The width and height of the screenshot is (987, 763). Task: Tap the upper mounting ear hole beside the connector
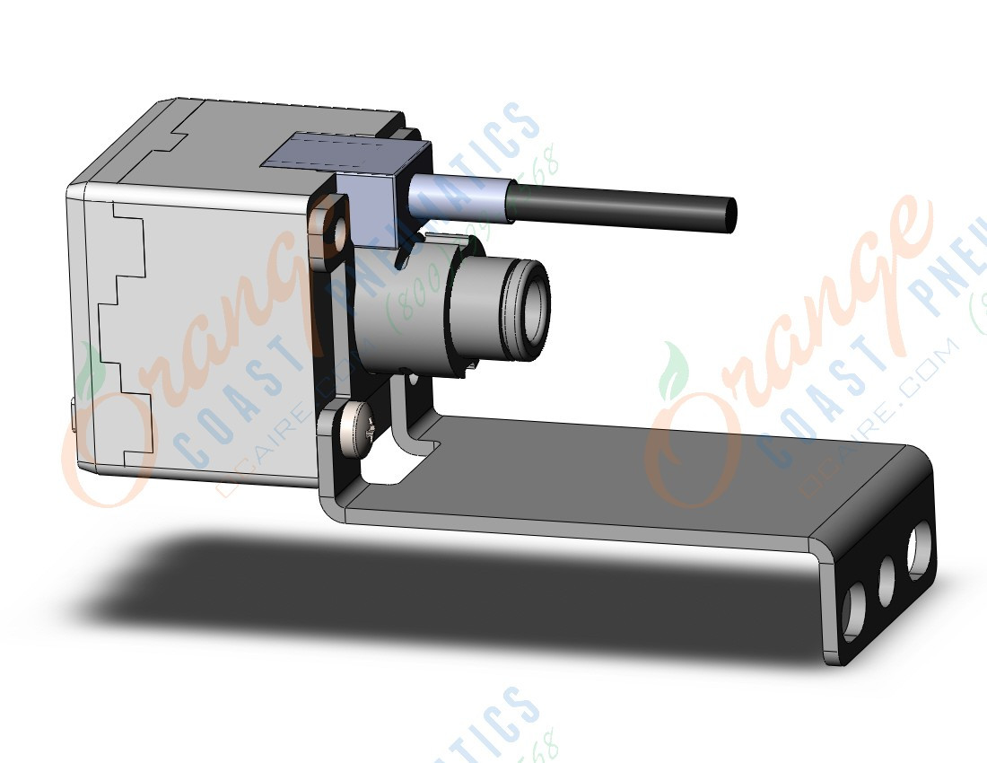click(x=328, y=224)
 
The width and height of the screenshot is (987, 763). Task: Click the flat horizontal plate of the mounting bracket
click(x=628, y=485)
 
